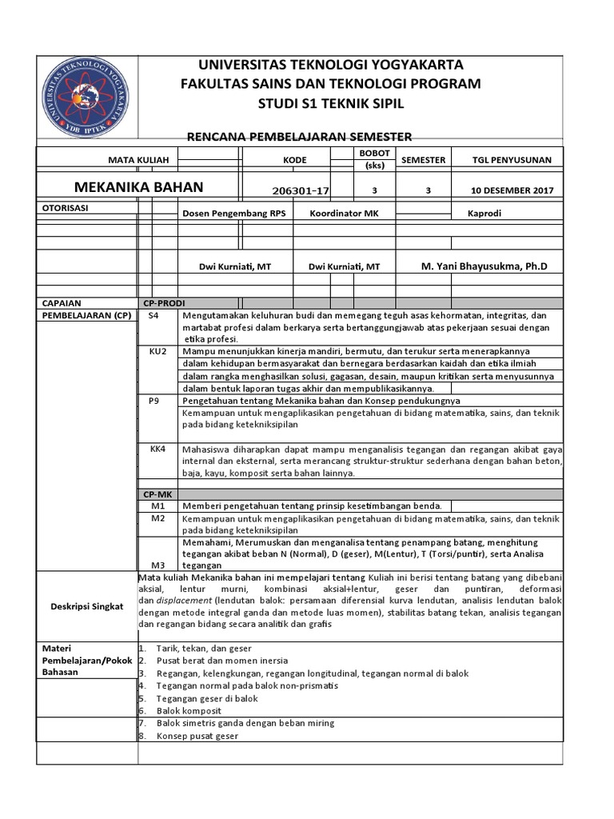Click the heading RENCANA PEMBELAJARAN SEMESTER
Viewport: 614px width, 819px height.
pos(299,138)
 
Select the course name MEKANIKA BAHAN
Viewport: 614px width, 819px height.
pos(139,187)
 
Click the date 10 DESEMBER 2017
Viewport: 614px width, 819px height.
pos(512,191)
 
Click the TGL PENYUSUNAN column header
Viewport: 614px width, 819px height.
pos(512,160)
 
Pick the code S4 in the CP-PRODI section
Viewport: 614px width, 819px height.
pos(154,316)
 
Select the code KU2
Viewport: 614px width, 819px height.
pos(157,351)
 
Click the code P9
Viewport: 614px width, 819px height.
pos(157,399)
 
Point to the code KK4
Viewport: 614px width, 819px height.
pos(157,449)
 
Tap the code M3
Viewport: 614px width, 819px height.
pos(157,564)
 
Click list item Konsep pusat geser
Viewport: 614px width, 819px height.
pos(198,736)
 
